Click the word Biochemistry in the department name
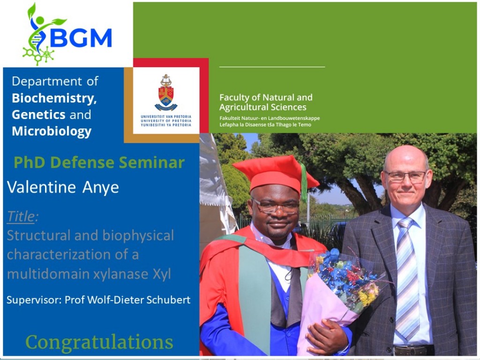pos(54,98)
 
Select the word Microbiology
pos(52,131)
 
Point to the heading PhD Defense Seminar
pos(99,162)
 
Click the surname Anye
pos(100,187)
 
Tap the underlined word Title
pos(21,216)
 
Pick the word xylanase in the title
pos(121,274)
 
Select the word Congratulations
pos(99,342)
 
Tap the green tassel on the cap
pos(303,182)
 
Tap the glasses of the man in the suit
pos(405,177)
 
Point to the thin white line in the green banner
pos(272,67)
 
